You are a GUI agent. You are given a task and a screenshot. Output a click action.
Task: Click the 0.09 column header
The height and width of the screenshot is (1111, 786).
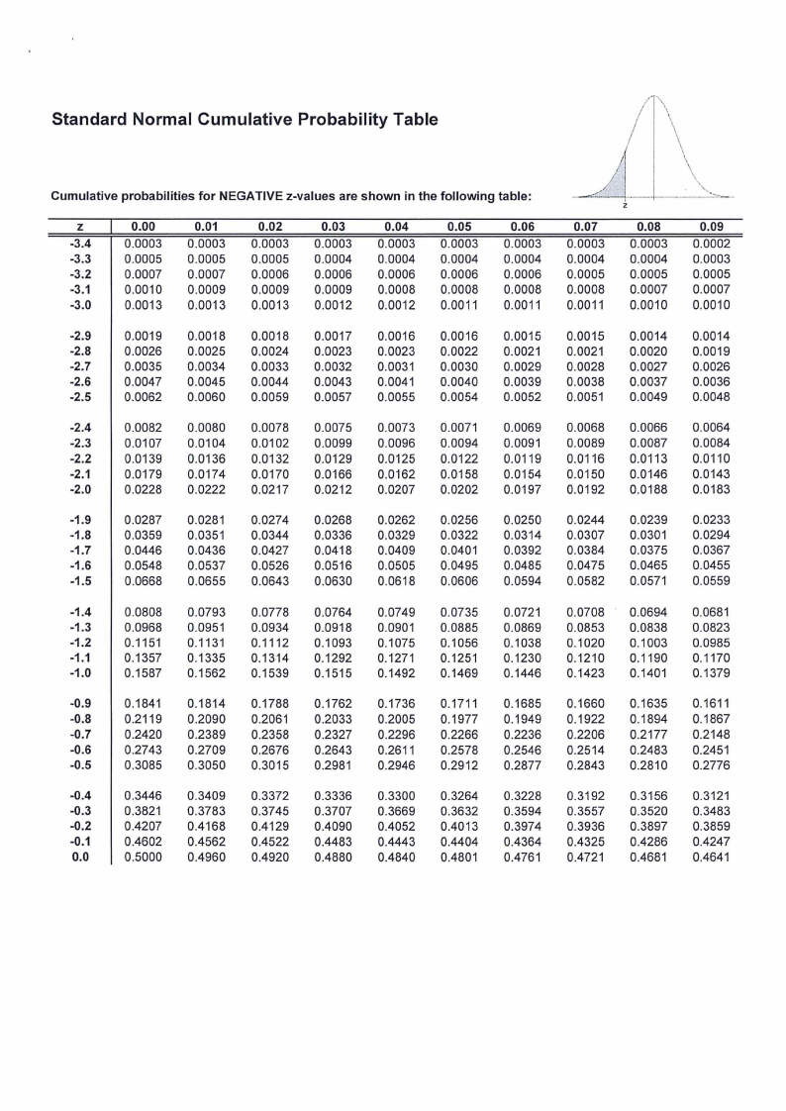(x=711, y=225)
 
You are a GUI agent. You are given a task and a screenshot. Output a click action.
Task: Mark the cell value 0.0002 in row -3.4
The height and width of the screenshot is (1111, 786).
(x=711, y=241)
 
